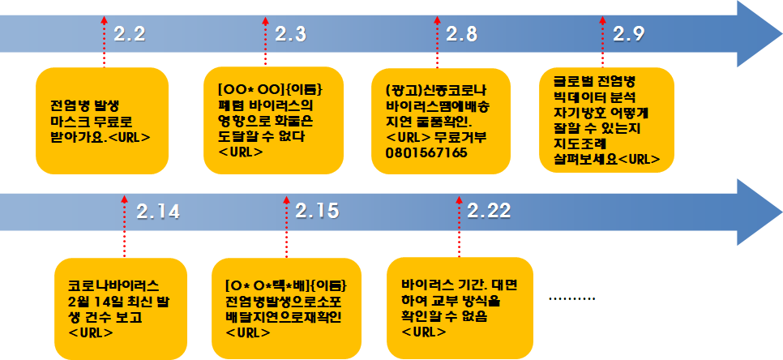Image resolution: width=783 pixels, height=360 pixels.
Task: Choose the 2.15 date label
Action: click(317, 211)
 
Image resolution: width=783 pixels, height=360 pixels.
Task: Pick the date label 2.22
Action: click(489, 211)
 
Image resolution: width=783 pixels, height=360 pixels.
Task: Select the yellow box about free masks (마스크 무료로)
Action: click(102, 120)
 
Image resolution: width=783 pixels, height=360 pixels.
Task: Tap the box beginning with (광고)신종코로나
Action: click(439, 120)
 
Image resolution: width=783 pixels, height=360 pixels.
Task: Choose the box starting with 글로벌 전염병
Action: click(607, 120)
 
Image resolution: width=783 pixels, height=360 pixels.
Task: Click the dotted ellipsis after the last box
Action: click(572, 299)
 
